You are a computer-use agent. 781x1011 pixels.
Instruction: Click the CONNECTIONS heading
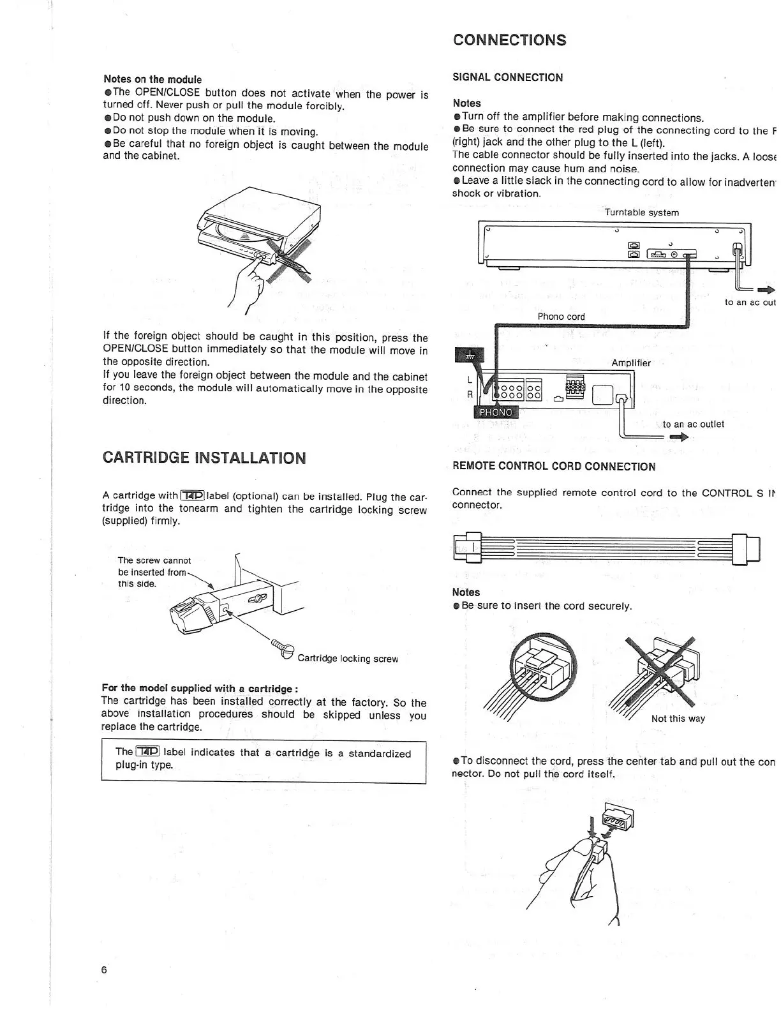click(509, 40)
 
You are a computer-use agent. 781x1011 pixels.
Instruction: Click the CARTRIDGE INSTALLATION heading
click(204, 458)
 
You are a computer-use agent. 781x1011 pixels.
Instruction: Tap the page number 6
click(104, 970)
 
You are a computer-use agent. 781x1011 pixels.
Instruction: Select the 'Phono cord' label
click(561, 316)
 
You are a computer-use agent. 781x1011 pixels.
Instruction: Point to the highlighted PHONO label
click(495, 412)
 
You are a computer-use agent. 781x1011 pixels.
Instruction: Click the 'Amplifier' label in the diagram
click(630, 363)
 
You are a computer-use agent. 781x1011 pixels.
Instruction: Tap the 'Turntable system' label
click(641, 213)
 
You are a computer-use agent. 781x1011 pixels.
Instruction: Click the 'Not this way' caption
click(678, 718)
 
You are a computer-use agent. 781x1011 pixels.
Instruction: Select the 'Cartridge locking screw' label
click(348, 658)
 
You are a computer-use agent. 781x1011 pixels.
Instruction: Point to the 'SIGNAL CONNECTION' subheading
click(507, 77)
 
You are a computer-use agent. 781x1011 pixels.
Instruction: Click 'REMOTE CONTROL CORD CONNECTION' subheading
click(553, 466)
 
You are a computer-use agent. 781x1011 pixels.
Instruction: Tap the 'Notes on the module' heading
click(152, 79)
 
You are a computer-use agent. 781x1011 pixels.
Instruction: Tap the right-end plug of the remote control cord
click(747, 548)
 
